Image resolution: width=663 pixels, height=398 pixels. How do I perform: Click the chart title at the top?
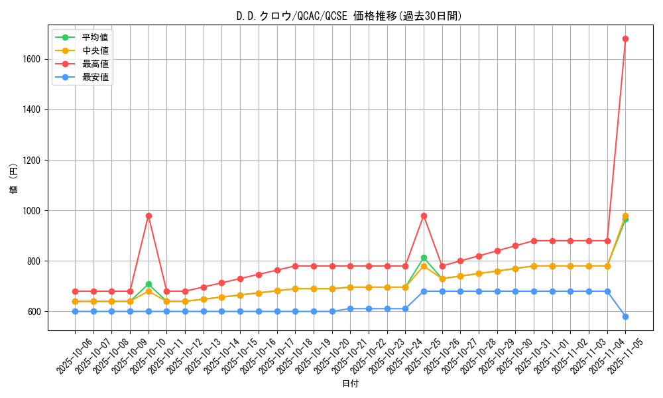tap(349, 16)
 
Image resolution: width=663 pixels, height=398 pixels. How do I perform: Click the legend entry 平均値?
tap(95, 37)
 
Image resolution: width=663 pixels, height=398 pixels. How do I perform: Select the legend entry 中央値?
tap(95, 50)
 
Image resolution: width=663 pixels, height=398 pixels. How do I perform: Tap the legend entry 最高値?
tap(95, 64)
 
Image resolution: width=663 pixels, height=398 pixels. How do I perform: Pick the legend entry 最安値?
tap(95, 77)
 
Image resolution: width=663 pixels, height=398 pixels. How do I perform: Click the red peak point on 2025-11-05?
tap(625, 39)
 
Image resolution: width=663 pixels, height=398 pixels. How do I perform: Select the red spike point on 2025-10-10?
tap(149, 216)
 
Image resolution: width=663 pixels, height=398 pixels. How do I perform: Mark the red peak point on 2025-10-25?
tap(424, 216)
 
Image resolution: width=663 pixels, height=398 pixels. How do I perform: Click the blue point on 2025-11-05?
tap(625, 316)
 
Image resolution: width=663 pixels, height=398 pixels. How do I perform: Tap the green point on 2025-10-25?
tap(424, 257)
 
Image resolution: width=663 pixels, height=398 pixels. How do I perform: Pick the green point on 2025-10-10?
tap(149, 284)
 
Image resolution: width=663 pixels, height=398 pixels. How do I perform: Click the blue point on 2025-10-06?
tap(75, 311)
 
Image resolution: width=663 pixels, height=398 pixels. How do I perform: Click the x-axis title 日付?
tap(350, 384)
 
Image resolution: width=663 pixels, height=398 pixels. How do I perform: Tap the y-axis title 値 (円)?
tap(14, 178)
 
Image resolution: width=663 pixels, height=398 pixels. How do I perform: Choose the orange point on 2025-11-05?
tap(625, 216)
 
